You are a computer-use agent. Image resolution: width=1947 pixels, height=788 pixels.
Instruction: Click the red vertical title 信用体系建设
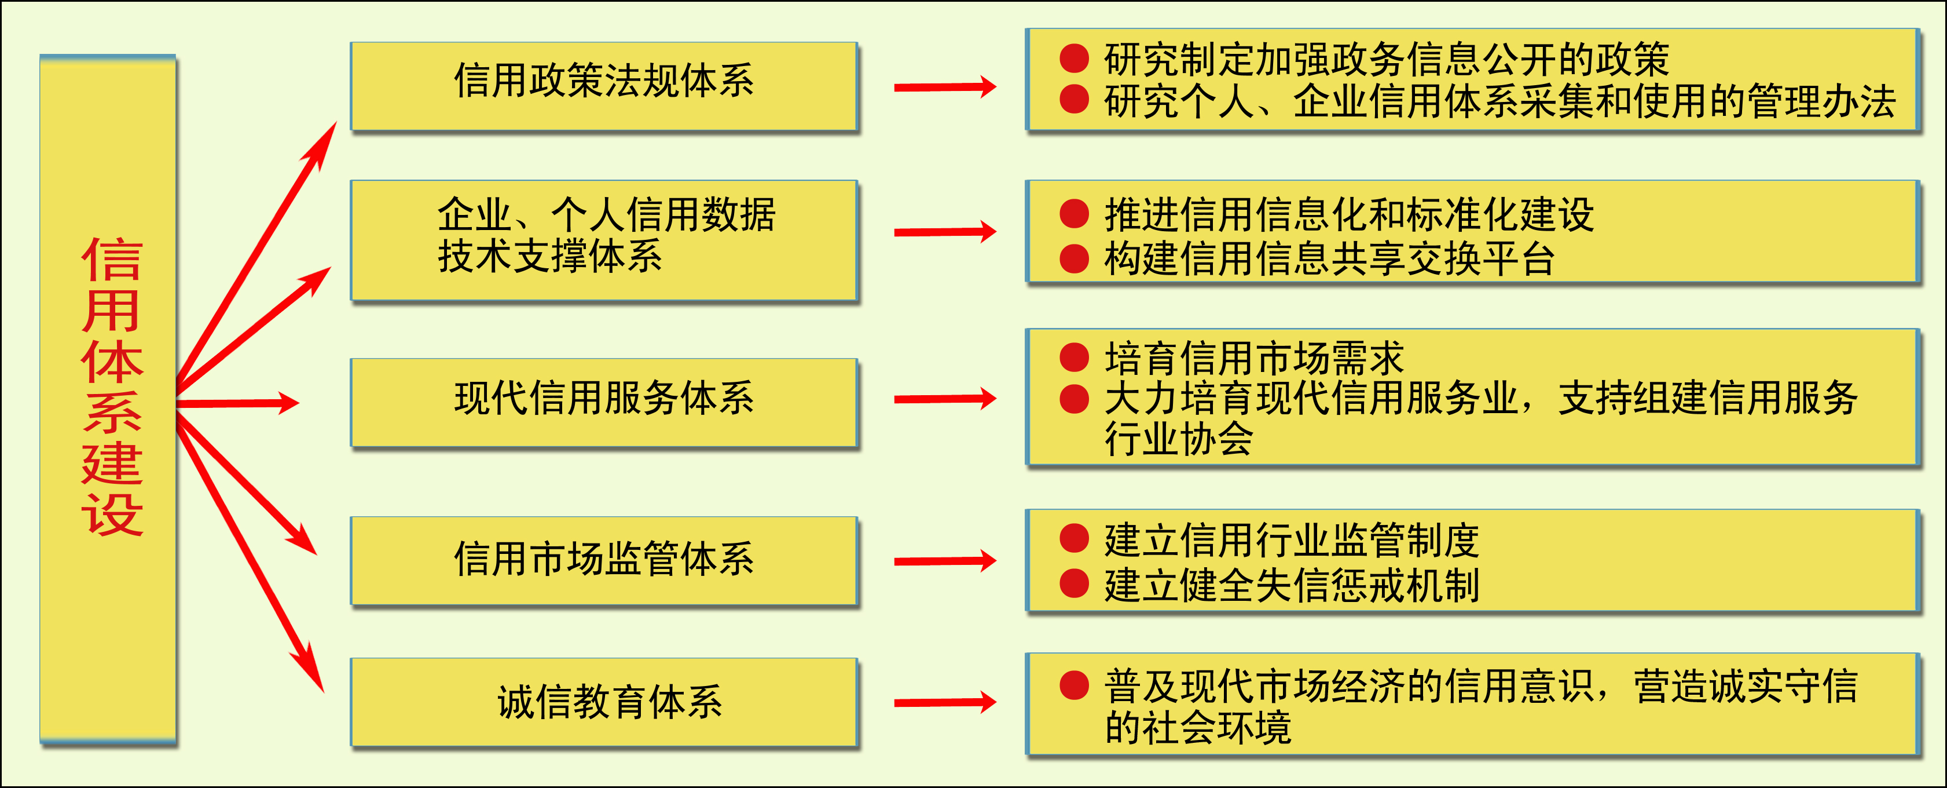pyautogui.click(x=112, y=386)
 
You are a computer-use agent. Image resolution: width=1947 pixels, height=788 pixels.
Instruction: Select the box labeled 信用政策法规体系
pyautogui.click(x=604, y=87)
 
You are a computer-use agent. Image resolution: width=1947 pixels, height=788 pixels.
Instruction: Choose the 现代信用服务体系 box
pyautogui.click(x=604, y=404)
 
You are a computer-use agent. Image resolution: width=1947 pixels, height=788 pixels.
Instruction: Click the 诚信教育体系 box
pyautogui.click(x=604, y=703)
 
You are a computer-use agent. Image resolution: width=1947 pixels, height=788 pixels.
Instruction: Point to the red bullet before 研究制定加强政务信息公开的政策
pyautogui.click(x=1074, y=58)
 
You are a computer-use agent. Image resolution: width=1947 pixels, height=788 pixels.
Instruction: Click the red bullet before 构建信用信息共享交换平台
pyautogui.click(x=1074, y=258)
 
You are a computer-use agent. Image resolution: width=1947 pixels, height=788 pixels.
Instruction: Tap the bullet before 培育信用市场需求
pyautogui.click(x=1074, y=357)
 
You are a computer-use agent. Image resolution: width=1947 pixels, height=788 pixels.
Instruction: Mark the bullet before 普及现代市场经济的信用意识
pyautogui.click(x=1074, y=685)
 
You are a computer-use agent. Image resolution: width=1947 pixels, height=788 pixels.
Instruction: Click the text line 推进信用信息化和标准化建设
pyautogui.click(x=1349, y=215)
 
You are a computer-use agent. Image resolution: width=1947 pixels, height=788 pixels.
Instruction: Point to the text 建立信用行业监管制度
pyautogui.click(x=1292, y=540)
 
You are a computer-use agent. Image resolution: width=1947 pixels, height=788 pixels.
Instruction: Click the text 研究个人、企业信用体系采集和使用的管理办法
pyautogui.click(x=1500, y=101)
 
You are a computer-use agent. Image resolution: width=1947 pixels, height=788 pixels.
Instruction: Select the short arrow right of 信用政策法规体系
pyautogui.click(x=945, y=87)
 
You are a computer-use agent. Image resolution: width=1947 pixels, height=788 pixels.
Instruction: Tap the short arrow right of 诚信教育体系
pyautogui.click(x=945, y=703)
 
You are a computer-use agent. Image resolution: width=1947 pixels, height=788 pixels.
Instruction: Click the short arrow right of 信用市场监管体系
pyautogui.click(x=945, y=561)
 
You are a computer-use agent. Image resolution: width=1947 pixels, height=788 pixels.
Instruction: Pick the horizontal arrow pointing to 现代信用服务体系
pyautogui.click(x=238, y=403)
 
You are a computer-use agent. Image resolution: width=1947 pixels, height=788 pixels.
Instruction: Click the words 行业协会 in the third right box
pyautogui.click(x=1179, y=439)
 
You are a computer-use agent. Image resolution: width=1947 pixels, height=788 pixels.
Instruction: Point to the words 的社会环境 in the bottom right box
pyautogui.click(x=1198, y=728)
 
